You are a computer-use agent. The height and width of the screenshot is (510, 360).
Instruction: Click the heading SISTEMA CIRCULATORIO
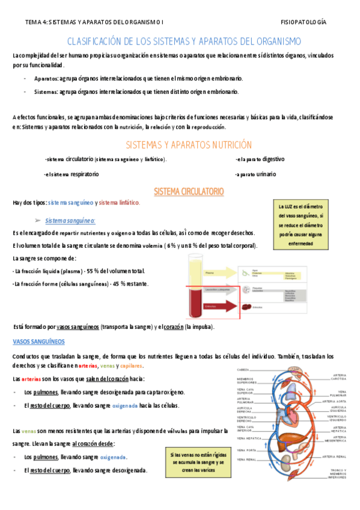[189, 191]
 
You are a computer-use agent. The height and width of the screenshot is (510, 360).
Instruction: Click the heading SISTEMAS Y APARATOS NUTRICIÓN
[188, 145]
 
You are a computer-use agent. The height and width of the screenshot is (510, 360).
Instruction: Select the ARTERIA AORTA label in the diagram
[334, 401]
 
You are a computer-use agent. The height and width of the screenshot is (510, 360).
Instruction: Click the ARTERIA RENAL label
[334, 456]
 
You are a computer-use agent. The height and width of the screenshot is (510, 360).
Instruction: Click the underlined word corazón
[172, 327]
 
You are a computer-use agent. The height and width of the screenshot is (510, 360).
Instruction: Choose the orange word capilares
[132, 366]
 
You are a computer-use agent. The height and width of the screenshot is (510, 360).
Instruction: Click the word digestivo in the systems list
[273, 159]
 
